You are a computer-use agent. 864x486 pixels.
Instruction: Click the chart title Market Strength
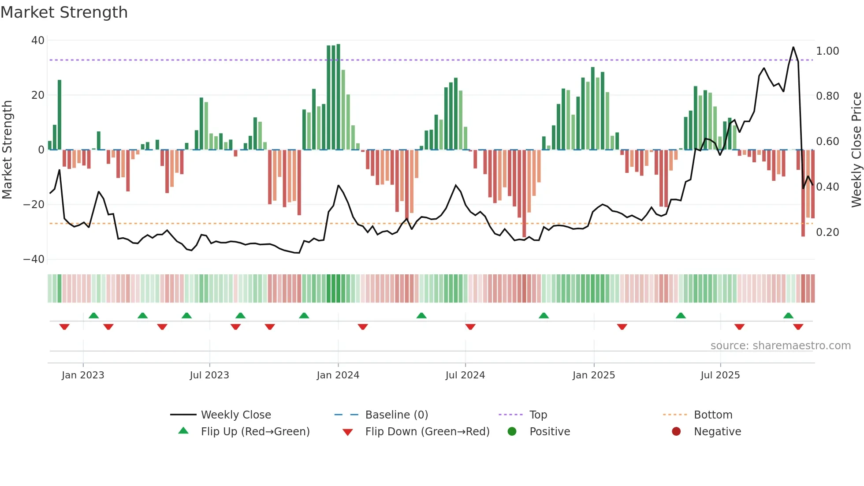pos(64,12)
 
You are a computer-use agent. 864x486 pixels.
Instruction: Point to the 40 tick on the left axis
pos(38,41)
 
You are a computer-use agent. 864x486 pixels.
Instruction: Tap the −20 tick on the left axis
pos(34,205)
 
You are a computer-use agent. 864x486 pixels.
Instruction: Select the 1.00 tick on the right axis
pos(827,51)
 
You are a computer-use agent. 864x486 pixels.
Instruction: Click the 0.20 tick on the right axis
pos(827,232)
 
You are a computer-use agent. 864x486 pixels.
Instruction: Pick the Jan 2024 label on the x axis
pos(338,375)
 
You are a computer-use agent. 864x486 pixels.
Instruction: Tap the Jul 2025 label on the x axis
pos(720,375)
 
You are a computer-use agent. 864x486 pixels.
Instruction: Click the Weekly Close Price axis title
pos(856,150)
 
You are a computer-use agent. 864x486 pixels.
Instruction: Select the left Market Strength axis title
pos(7,150)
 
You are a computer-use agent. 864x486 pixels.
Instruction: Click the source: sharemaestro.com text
pos(780,346)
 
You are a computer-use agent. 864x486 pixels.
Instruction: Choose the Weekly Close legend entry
pos(236,415)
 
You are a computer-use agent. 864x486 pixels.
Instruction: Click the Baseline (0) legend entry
pos(396,415)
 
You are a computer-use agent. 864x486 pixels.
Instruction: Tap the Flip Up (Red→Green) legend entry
pos(255,432)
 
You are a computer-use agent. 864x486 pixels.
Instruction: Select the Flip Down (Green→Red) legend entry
pos(427,432)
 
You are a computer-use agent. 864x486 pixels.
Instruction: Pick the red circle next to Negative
pos(676,431)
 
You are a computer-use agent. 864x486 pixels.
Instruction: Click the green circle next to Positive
pos(512,431)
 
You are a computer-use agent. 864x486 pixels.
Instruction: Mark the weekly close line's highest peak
pos(793,47)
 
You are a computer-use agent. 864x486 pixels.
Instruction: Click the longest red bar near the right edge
pos(803,194)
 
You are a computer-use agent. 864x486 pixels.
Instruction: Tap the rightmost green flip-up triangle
pos(788,315)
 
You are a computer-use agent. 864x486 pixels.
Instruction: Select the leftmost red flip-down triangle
pos(64,327)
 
